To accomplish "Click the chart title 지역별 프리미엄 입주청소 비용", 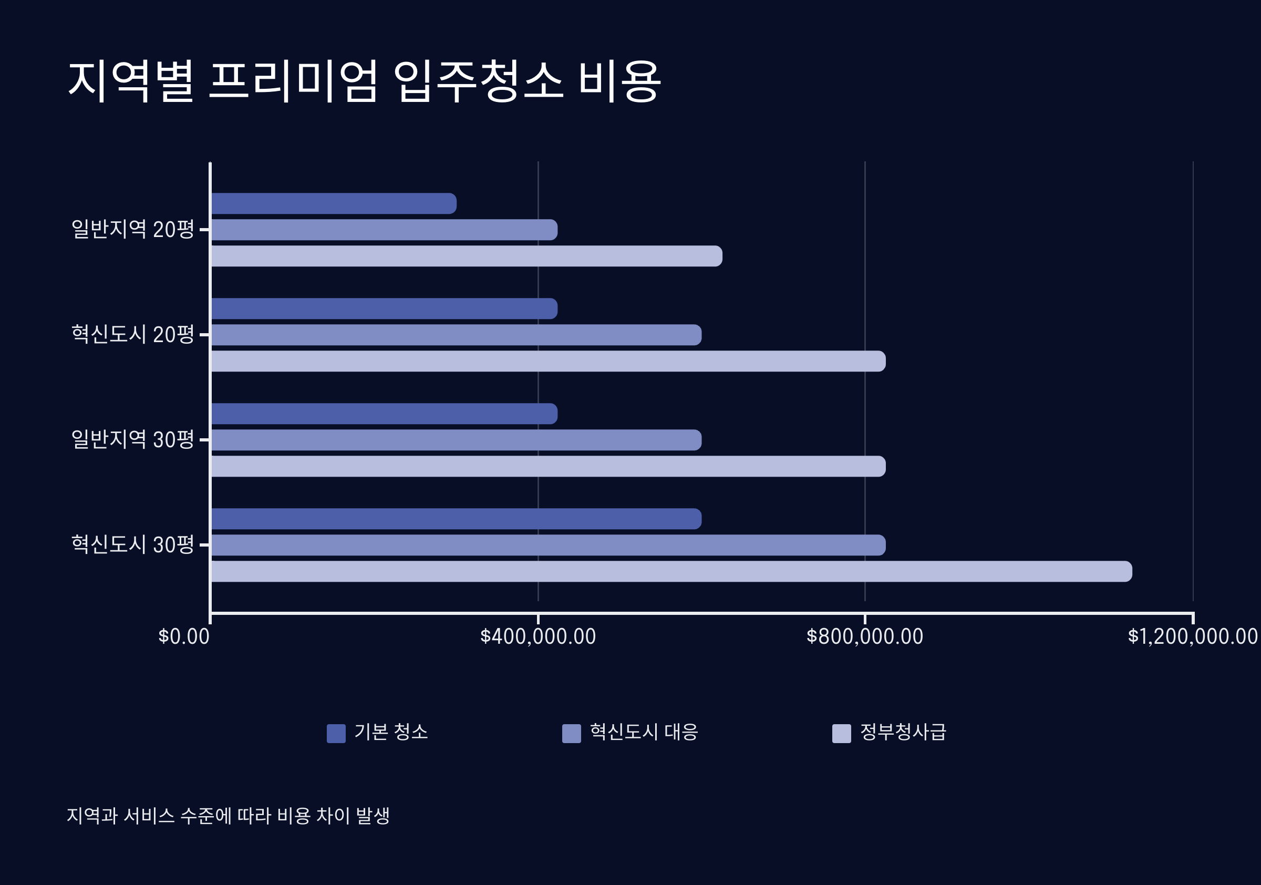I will click(x=364, y=81).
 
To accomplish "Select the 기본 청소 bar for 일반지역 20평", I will click(x=333, y=204).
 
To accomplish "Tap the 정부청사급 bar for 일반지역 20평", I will click(x=466, y=256).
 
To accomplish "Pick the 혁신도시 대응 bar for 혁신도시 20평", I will click(x=456, y=335).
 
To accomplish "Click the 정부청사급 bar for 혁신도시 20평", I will click(x=548, y=362).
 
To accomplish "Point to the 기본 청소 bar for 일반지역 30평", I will click(x=384, y=414).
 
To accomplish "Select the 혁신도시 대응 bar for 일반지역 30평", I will click(x=456, y=440).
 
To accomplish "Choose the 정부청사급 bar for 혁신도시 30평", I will click(x=671, y=571).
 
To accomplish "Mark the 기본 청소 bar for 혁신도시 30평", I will click(x=456, y=519).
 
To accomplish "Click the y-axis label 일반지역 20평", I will click(x=133, y=230).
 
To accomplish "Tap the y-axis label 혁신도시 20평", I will click(x=133, y=335).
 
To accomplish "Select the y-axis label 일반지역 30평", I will click(x=133, y=440).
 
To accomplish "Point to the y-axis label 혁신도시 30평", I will click(x=133, y=545).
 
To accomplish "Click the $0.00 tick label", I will click(x=184, y=637).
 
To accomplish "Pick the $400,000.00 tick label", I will click(x=538, y=637).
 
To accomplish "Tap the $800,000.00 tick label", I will click(x=864, y=637).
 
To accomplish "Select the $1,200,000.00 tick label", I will click(x=1192, y=637).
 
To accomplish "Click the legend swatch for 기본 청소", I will click(x=336, y=733).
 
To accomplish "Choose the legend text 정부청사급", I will click(x=903, y=732).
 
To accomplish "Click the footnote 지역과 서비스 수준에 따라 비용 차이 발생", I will click(x=228, y=816).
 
